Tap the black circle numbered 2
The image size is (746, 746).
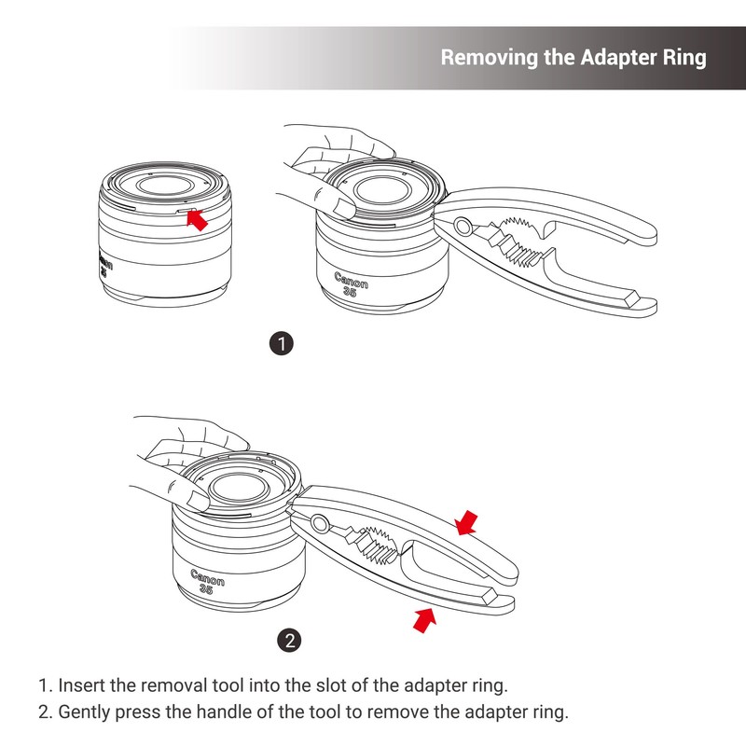(291, 640)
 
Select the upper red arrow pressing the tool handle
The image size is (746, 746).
(469, 523)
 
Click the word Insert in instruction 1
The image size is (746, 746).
(81, 685)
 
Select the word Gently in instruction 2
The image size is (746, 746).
(89, 712)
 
